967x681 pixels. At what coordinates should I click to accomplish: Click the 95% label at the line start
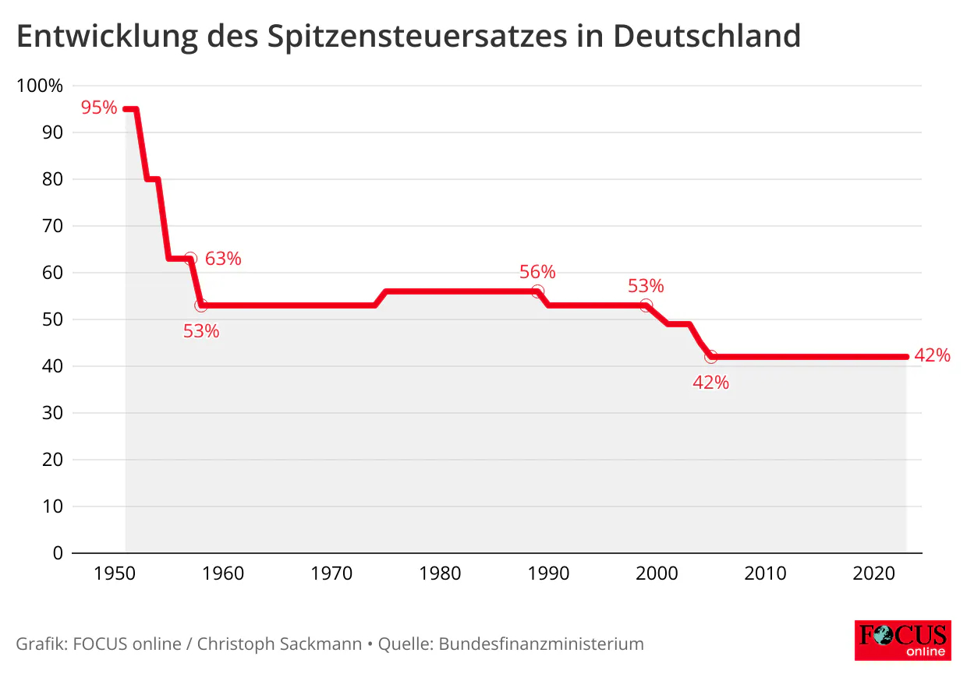[98, 108]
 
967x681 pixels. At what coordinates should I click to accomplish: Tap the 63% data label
[223, 259]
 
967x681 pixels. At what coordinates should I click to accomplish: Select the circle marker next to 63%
[190, 259]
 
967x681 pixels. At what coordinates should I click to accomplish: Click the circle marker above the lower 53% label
[201, 305]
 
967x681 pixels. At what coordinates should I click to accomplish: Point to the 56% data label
[537, 272]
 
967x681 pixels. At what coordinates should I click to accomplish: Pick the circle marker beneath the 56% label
[537, 291]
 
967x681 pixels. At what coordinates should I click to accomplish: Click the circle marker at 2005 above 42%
[710, 357]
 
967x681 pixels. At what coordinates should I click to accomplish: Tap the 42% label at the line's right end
[933, 355]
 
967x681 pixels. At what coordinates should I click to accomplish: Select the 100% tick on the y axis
[39, 86]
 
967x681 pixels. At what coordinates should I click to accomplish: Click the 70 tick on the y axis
[51, 226]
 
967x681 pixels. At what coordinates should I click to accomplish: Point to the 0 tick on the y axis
[57, 553]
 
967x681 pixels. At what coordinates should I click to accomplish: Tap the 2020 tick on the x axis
[873, 574]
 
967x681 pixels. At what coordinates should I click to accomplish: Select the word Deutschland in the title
[707, 36]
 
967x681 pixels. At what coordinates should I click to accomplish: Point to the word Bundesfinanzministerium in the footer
[541, 644]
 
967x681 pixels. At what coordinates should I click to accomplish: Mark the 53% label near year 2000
[646, 286]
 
